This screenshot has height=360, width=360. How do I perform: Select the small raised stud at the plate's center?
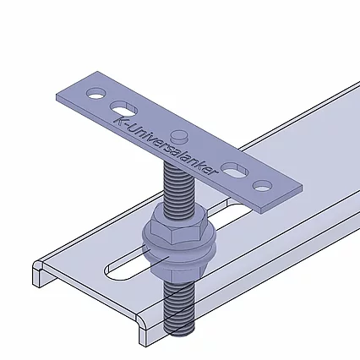178,135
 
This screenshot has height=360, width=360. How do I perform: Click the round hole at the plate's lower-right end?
263,184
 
